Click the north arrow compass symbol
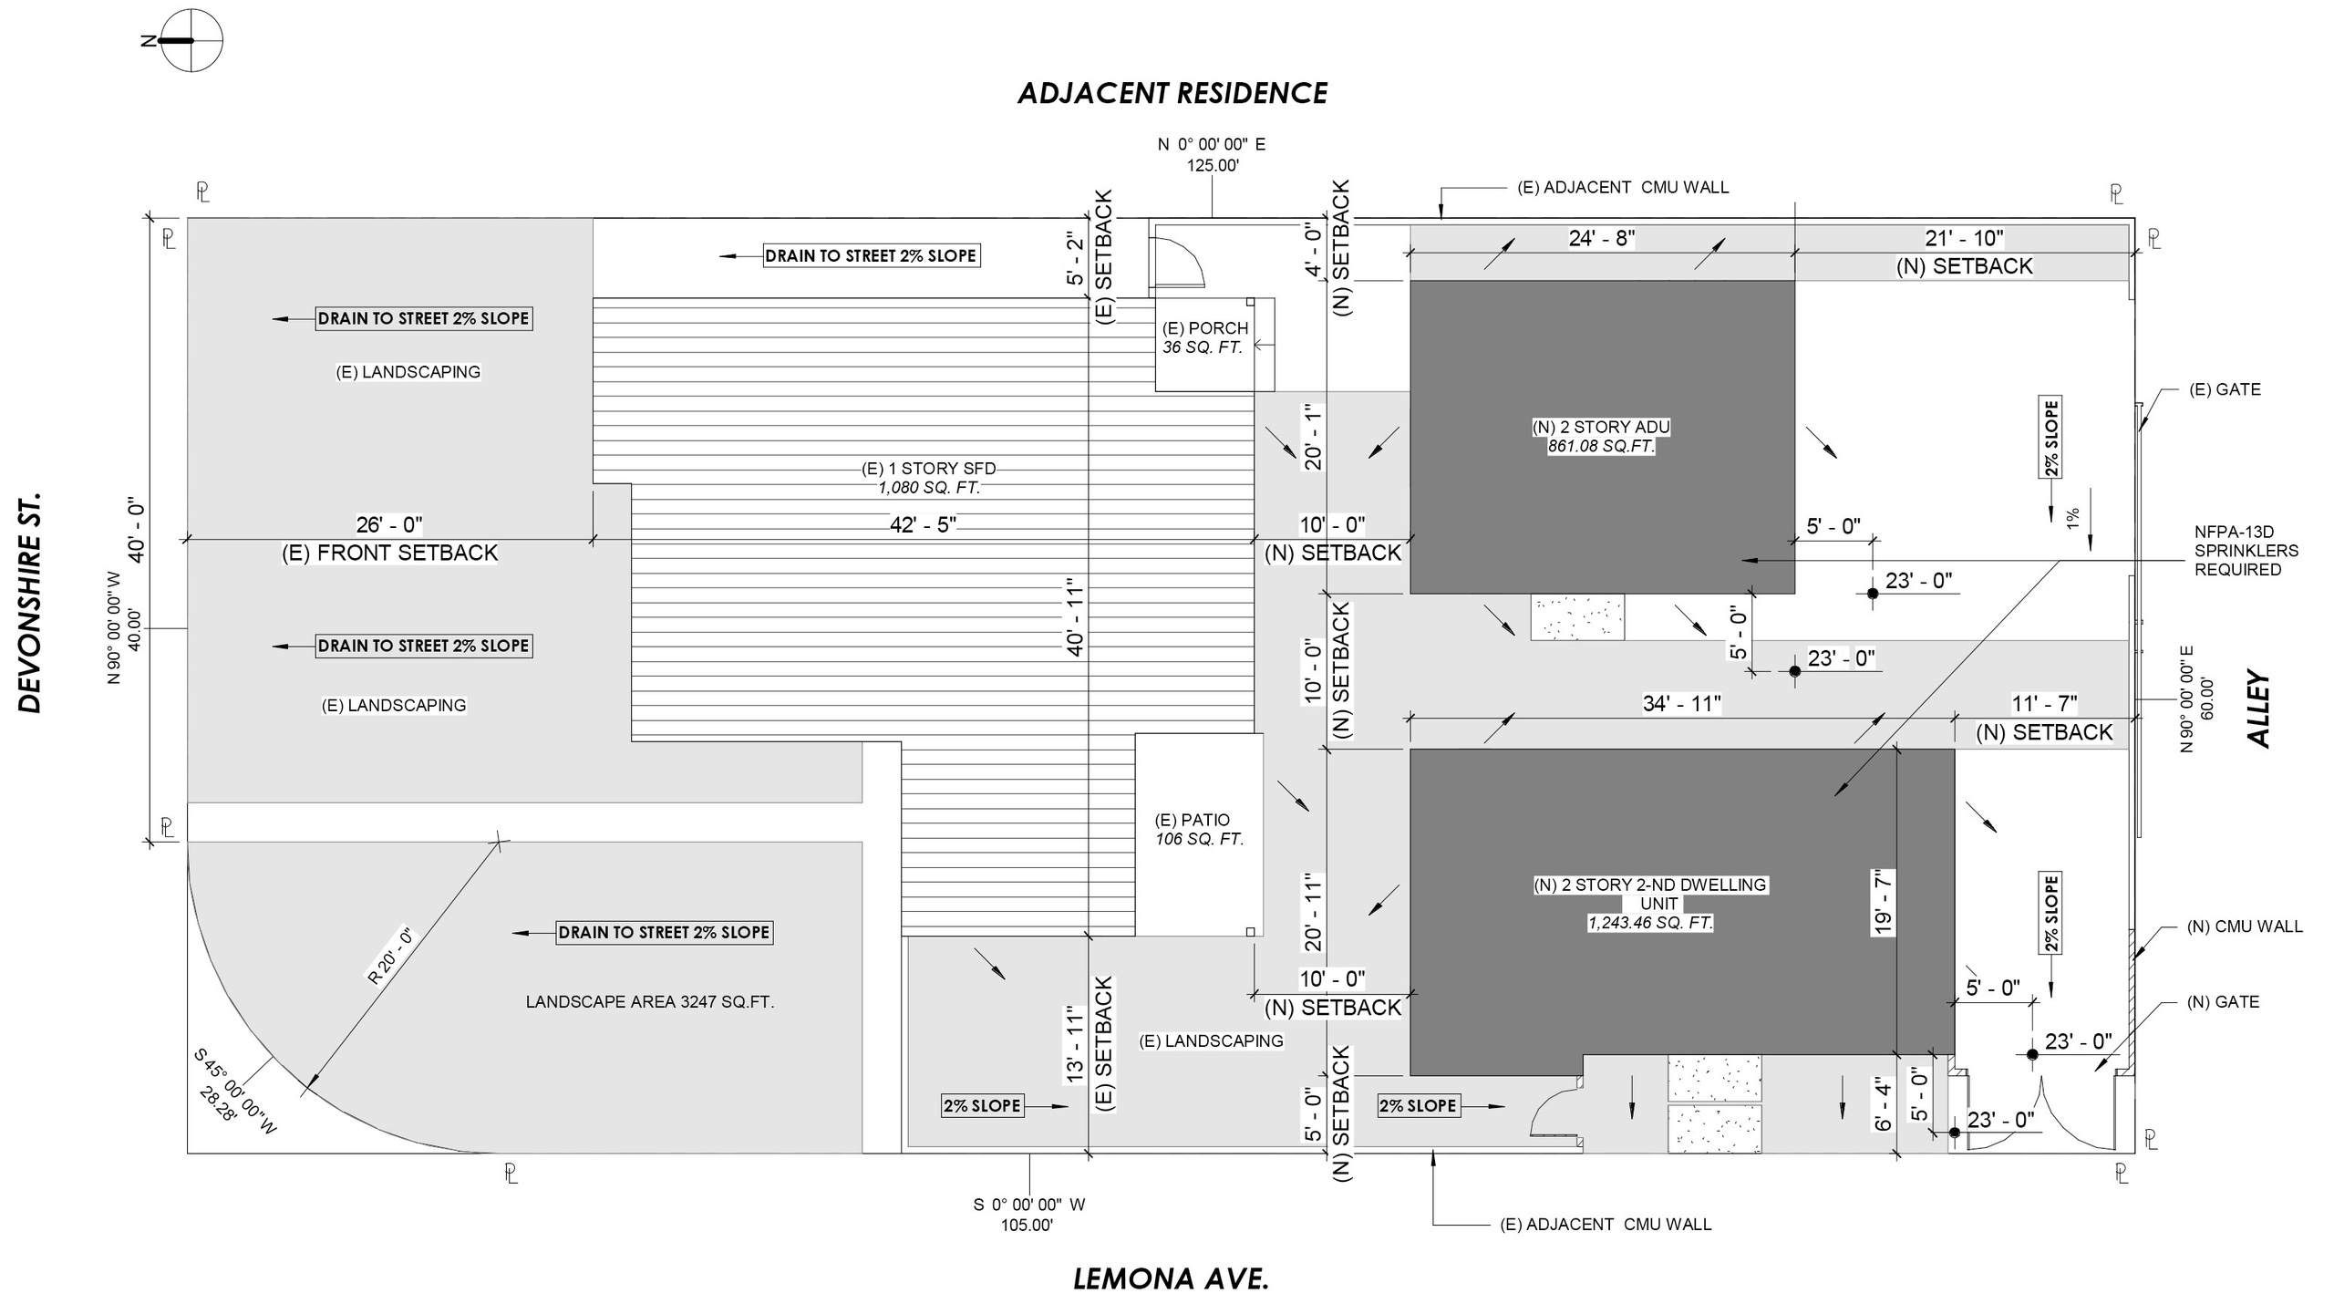click(191, 41)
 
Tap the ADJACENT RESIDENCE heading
click(1172, 93)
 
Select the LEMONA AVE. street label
click(1171, 1278)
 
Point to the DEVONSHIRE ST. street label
click(31, 604)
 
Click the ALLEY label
click(2259, 709)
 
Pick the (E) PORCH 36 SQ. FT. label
click(1204, 337)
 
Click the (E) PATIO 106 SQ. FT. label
click(1199, 829)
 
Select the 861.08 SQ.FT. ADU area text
click(1601, 447)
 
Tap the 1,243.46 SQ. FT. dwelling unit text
click(1650, 923)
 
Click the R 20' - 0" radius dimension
click(390, 956)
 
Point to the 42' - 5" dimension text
click(924, 523)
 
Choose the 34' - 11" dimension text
click(1681, 703)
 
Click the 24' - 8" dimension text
click(1601, 238)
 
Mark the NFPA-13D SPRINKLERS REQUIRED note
click(2246, 551)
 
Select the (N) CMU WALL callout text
click(2244, 926)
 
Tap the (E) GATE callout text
click(2225, 389)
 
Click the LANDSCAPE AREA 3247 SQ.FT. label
click(649, 1001)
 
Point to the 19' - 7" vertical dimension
click(1883, 902)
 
